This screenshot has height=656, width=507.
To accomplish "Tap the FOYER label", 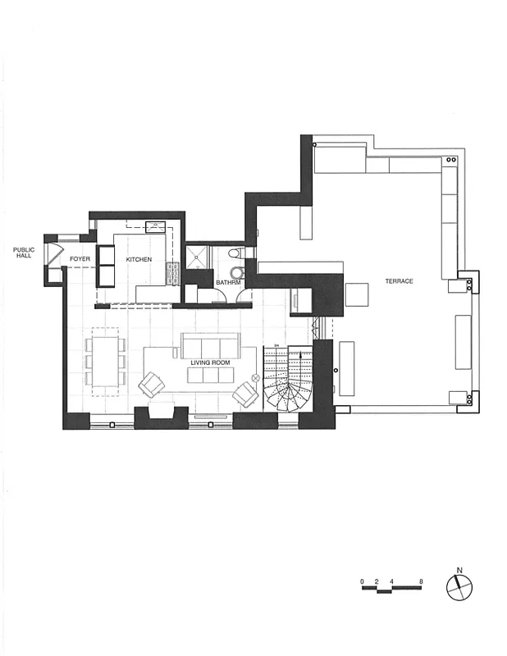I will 80,259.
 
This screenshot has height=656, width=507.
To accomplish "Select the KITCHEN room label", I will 139,259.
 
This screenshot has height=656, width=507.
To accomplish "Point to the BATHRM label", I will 228,283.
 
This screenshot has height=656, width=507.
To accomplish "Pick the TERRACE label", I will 399,281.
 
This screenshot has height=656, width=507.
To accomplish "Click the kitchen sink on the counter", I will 155,227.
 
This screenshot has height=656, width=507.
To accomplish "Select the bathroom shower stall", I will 197,259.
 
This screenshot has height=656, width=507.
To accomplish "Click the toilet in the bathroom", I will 235,253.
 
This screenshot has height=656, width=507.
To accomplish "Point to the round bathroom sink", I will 238,272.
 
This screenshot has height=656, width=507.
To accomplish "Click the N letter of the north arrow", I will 460,570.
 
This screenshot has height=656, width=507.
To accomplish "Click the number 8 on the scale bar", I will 421,582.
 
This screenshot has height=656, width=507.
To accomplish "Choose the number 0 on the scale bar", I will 362,582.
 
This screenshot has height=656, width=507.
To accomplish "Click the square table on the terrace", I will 358,294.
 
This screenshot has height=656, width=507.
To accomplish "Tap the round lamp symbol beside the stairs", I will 255,377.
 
